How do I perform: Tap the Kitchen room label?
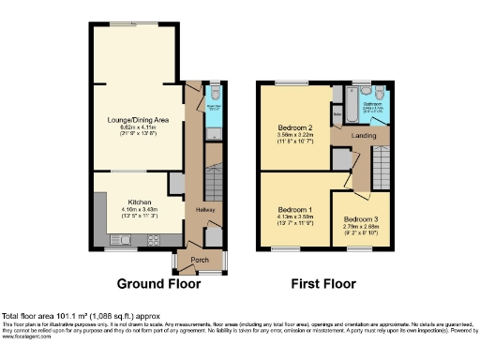(140, 202)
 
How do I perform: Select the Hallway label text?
(206, 209)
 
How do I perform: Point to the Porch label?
(200, 260)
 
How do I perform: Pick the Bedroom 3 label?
(361, 218)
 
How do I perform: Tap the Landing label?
(364, 135)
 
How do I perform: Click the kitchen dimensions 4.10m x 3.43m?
(140, 210)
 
